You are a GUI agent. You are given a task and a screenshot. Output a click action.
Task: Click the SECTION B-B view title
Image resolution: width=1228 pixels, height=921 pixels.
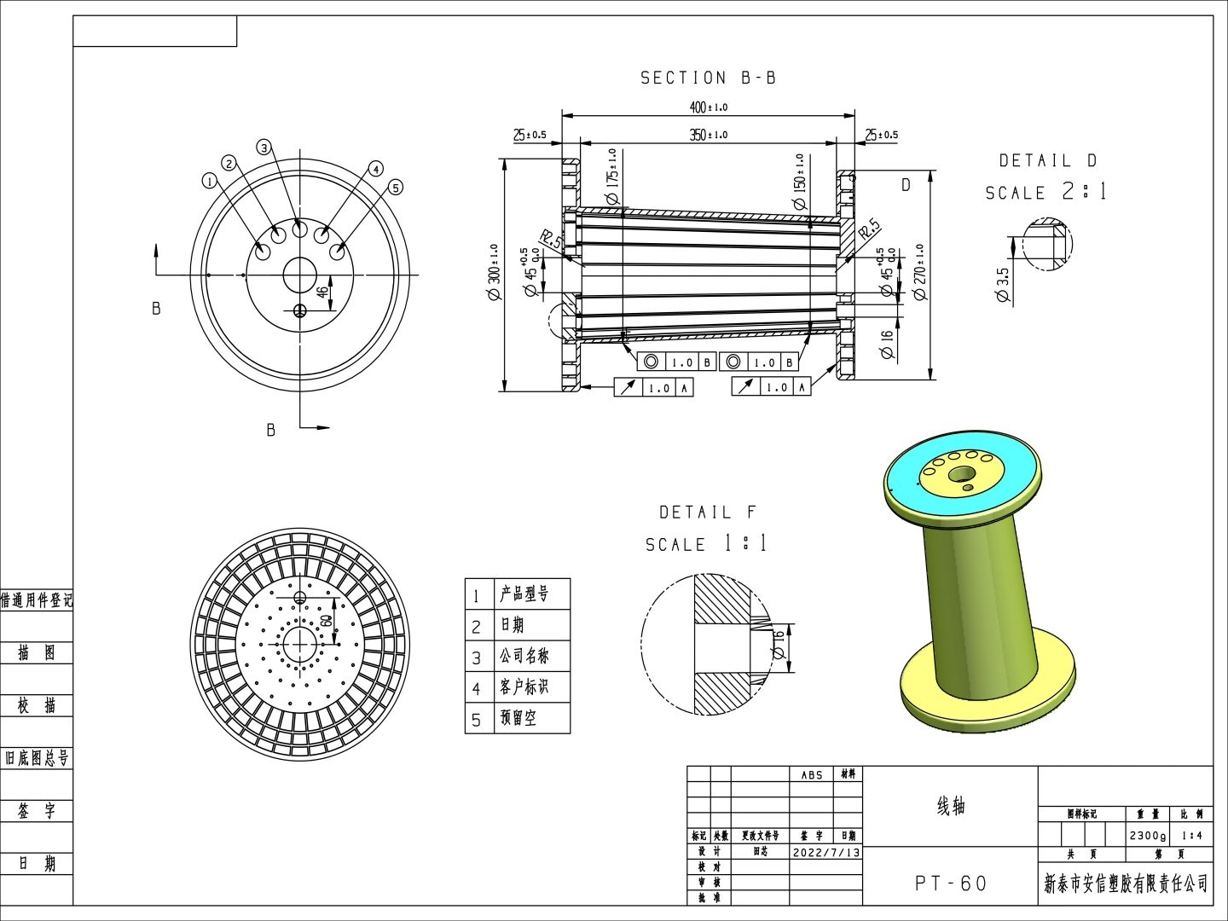point(708,78)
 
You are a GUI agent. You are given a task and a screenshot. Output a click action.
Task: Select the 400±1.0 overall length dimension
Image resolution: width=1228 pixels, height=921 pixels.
point(708,107)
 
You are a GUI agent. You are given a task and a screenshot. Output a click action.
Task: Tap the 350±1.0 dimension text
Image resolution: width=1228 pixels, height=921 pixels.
point(708,135)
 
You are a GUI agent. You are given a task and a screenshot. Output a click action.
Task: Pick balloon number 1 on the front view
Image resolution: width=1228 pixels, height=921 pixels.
point(209,181)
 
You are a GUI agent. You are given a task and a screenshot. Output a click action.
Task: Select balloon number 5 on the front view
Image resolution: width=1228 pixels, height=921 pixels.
point(395,188)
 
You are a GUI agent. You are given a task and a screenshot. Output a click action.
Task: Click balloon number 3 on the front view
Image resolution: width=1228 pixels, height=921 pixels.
point(264,148)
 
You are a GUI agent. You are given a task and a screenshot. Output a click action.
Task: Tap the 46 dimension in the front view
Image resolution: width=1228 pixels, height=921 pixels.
point(322,291)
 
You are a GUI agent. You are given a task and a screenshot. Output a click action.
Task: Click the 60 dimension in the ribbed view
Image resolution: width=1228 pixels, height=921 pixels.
point(326,620)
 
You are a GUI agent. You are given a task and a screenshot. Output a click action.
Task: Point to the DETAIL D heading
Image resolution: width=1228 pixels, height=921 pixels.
point(1047,160)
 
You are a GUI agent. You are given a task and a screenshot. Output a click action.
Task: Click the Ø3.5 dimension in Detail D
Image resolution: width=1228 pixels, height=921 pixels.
point(1003,285)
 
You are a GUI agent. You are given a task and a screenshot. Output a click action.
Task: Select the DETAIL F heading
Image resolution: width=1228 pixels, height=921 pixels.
point(707,513)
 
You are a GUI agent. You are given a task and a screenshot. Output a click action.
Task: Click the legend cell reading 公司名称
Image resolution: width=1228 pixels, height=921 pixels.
point(524,656)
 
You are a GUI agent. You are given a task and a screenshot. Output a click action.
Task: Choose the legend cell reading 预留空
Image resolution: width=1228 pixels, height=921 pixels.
point(518,718)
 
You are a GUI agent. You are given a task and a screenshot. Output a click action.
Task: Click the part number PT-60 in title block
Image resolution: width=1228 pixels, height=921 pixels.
point(950,883)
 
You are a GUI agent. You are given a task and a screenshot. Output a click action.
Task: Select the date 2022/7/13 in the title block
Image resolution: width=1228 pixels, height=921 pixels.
point(825,852)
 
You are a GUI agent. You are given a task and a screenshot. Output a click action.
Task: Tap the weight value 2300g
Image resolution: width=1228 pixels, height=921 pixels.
point(1146,836)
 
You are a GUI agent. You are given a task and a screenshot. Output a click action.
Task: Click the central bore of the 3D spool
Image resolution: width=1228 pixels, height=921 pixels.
point(962,473)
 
